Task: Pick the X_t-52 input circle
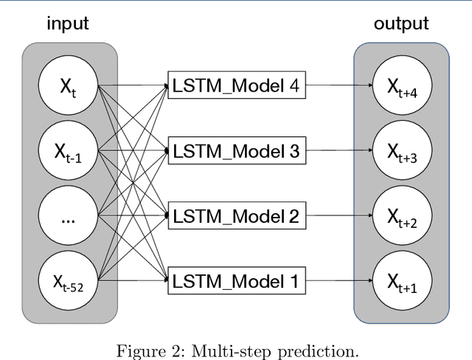click(70, 280)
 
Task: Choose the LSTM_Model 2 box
click(235, 215)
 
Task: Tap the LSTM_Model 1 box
click(235, 280)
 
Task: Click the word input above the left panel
click(68, 23)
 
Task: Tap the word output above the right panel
click(400, 23)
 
